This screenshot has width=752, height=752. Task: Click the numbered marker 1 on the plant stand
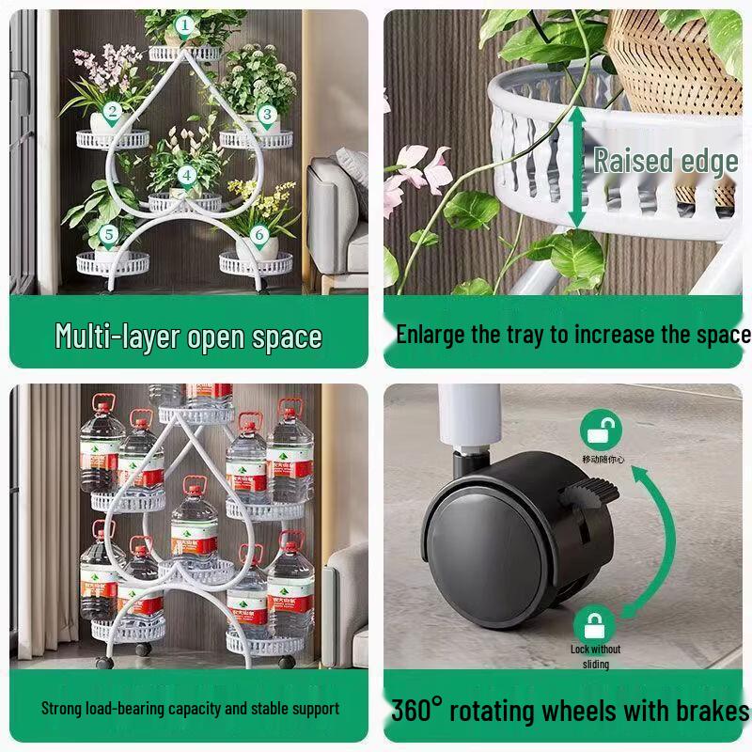tap(185, 25)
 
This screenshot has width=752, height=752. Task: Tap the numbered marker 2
tap(112, 115)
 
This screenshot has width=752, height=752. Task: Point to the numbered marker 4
tap(187, 175)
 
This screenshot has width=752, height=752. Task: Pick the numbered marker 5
tap(108, 234)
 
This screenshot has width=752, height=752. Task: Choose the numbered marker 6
tap(259, 234)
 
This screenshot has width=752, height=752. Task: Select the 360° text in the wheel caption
tap(416, 711)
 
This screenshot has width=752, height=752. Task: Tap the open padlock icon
tap(600, 431)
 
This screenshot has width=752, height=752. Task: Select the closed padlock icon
tap(594, 623)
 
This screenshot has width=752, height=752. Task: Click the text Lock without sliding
tap(595, 656)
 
